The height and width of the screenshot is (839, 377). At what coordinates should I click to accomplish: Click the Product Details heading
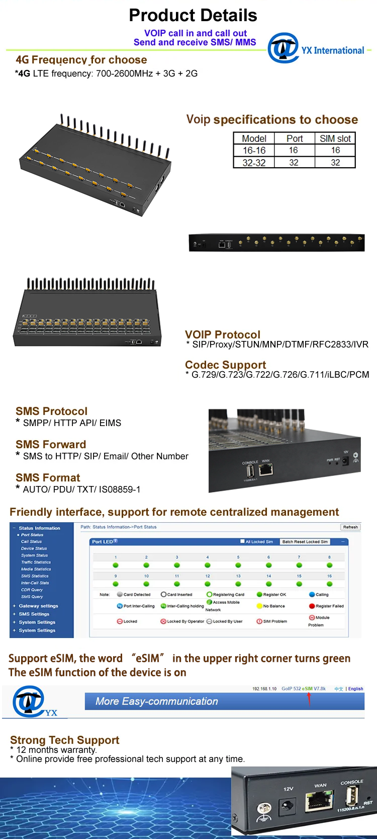[x=193, y=16]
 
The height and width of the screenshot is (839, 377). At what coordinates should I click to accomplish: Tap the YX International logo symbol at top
[x=283, y=48]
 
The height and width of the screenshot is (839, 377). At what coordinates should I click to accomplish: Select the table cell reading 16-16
[x=254, y=150]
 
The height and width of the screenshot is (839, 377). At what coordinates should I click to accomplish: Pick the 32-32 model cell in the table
[x=254, y=163]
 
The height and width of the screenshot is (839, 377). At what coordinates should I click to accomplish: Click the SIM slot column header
[x=335, y=138]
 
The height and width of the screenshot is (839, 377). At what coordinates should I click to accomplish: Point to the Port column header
[x=295, y=138]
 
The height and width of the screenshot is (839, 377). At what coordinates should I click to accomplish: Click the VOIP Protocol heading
[x=223, y=334]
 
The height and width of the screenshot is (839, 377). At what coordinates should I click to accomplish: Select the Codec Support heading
[x=225, y=365]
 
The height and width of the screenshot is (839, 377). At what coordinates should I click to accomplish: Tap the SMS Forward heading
[x=51, y=444]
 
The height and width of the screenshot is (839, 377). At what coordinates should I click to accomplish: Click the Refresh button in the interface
[x=350, y=527]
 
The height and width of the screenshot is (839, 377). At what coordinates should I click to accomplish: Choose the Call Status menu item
[x=31, y=541]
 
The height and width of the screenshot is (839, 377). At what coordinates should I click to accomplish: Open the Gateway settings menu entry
[x=38, y=606]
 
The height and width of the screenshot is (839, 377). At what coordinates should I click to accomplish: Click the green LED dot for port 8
[x=329, y=565]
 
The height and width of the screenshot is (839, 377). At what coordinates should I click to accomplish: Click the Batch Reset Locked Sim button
[x=305, y=542]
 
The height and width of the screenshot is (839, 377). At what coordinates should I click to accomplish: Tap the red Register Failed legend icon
[x=312, y=606]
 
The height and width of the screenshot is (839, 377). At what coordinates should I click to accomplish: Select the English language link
[x=355, y=688]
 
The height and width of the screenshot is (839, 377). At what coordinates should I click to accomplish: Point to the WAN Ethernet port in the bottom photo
[x=319, y=800]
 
